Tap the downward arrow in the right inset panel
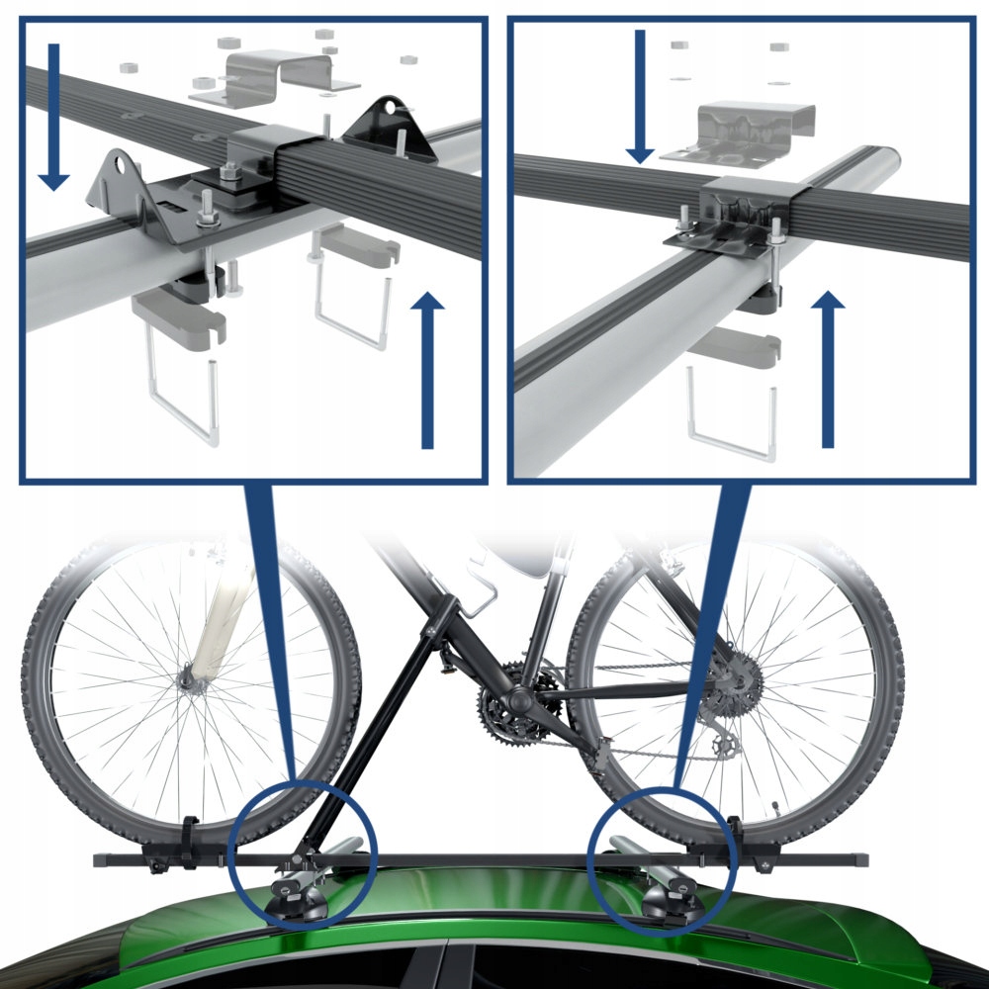click(640, 97)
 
